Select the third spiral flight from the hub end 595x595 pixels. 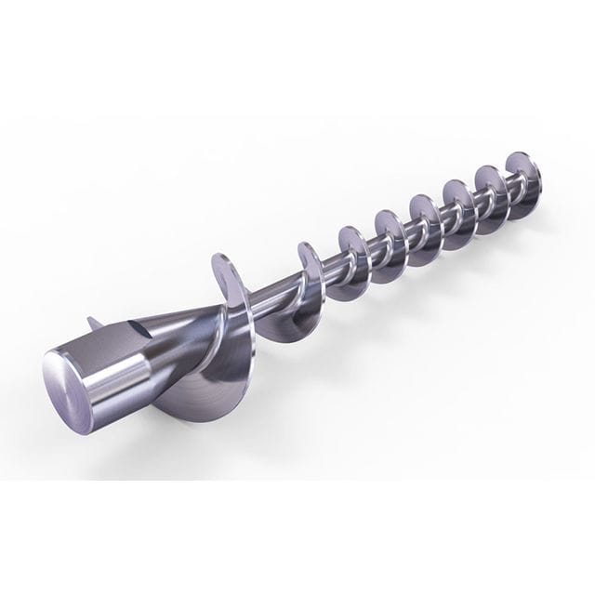click(350, 252)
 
